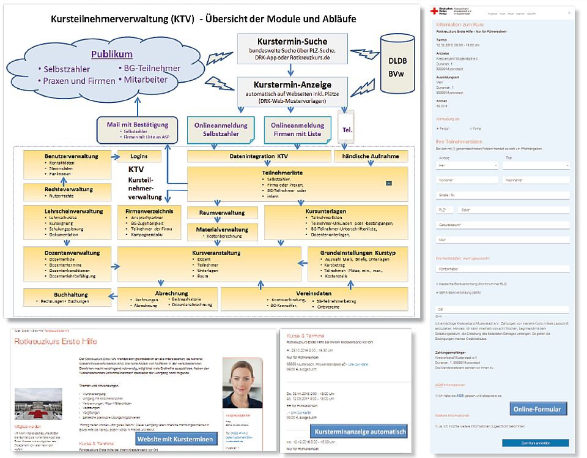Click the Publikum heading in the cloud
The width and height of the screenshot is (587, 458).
point(112,54)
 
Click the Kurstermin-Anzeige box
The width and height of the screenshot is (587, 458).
point(292,92)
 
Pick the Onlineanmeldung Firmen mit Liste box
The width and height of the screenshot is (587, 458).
point(297,129)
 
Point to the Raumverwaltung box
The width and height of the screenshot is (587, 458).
point(223,212)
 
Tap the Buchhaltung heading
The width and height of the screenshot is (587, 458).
point(62,295)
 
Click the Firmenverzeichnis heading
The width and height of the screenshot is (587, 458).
point(144,211)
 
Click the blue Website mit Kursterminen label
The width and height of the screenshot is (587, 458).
point(175,438)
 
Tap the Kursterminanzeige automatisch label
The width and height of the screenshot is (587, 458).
point(360,432)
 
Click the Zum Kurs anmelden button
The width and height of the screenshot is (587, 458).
point(535,443)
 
